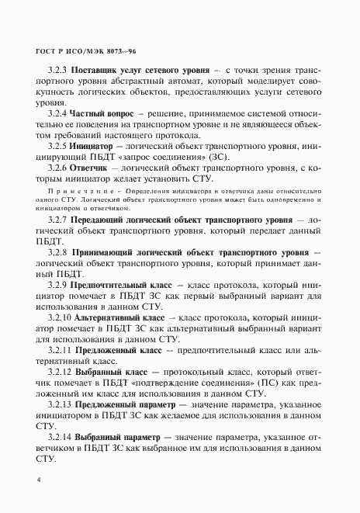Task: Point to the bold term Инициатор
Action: pyautogui.click(x=98, y=145)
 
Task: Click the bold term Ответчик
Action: pyautogui.click(x=94, y=166)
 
